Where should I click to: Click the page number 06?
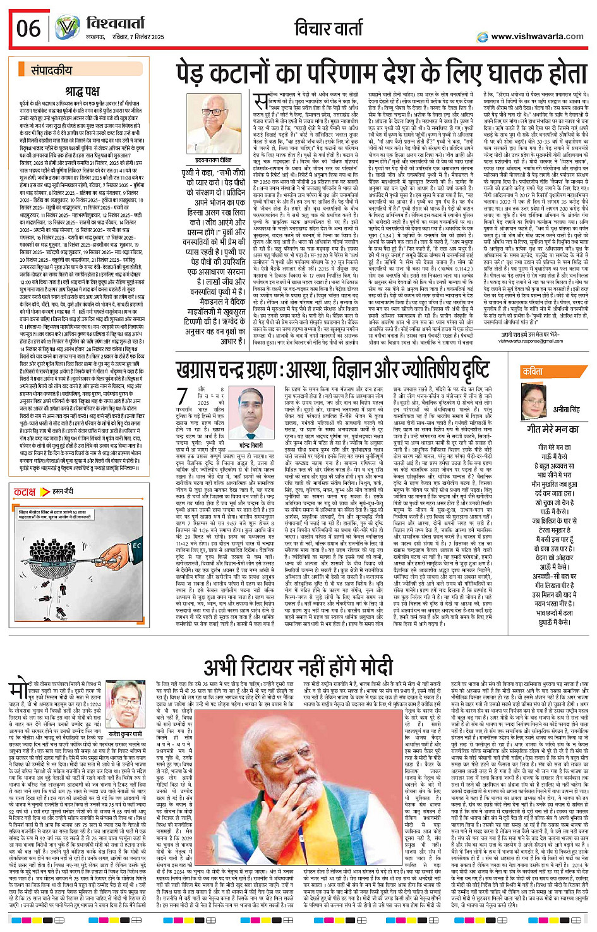click(x=28, y=28)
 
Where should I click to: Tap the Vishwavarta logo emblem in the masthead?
click(x=68, y=28)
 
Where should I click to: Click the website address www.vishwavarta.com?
click(x=537, y=36)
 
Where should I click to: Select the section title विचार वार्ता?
click(x=332, y=28)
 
